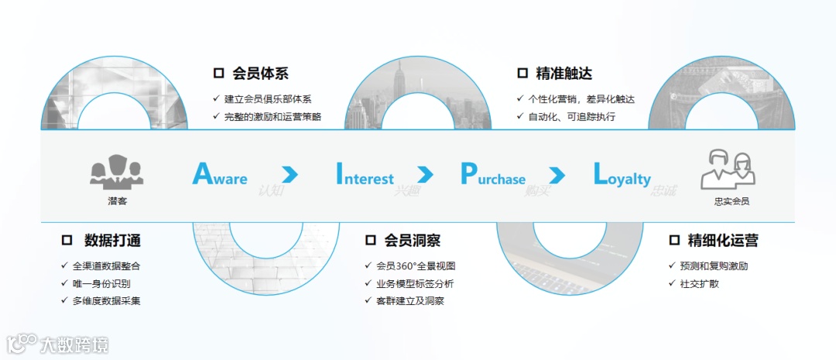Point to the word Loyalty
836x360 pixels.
(622, 175)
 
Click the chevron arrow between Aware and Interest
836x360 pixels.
(290, 174)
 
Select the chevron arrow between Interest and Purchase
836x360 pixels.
(425, 174)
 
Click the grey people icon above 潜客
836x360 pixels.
(116, 172)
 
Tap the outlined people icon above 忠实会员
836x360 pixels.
(728, 170)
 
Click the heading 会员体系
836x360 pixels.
(260, 74)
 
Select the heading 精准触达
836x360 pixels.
(564, 74)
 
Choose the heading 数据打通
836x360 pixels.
(112, 241)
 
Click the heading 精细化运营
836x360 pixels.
(723, 241)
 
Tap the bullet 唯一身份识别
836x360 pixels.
(101, 283)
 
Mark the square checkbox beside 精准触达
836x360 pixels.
(522, 74)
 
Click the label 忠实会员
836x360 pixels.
(731, 201)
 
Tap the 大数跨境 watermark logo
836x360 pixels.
(58, 343)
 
